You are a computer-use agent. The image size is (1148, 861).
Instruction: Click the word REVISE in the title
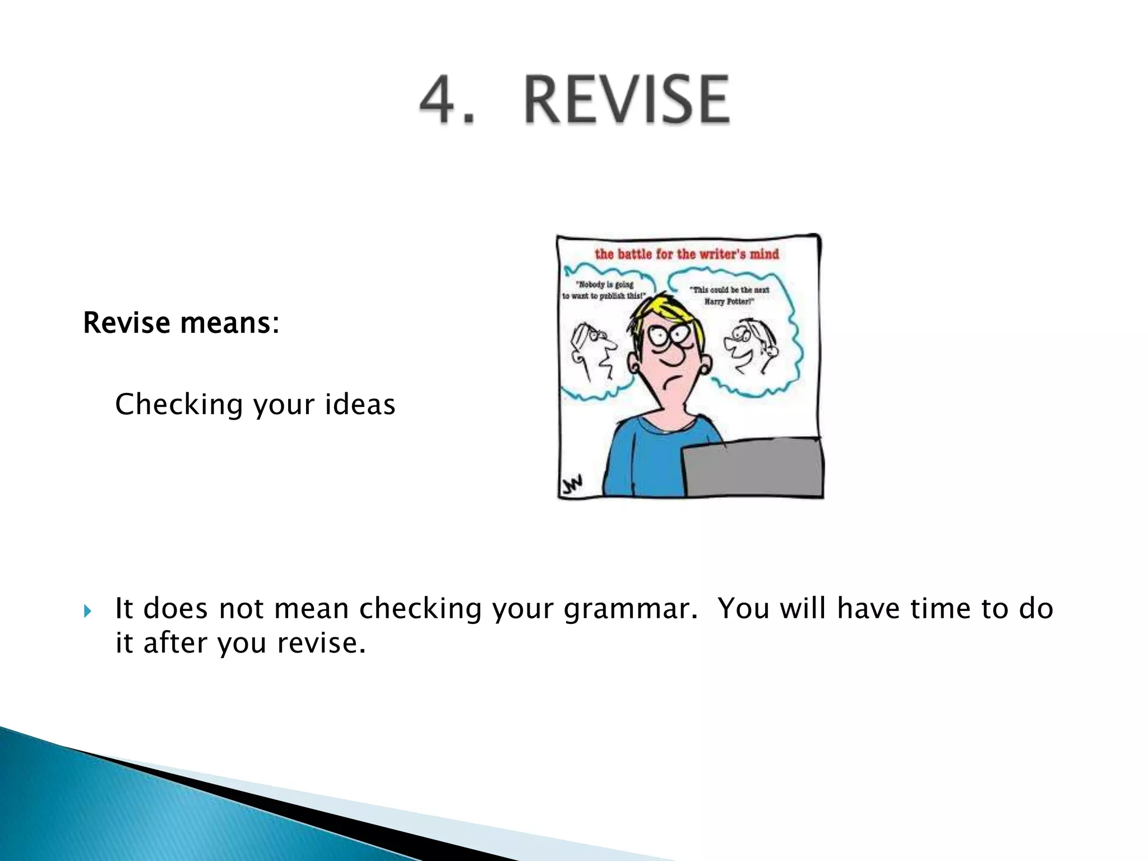(627, 100)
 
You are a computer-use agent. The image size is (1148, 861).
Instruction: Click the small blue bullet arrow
(87, 610)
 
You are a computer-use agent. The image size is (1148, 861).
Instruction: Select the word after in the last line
(175, 642)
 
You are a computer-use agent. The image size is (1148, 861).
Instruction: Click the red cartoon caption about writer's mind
(687, 254)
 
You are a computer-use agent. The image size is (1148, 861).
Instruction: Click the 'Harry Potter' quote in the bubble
(730, 295)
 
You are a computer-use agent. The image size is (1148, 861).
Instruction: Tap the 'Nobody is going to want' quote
(605, 290)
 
